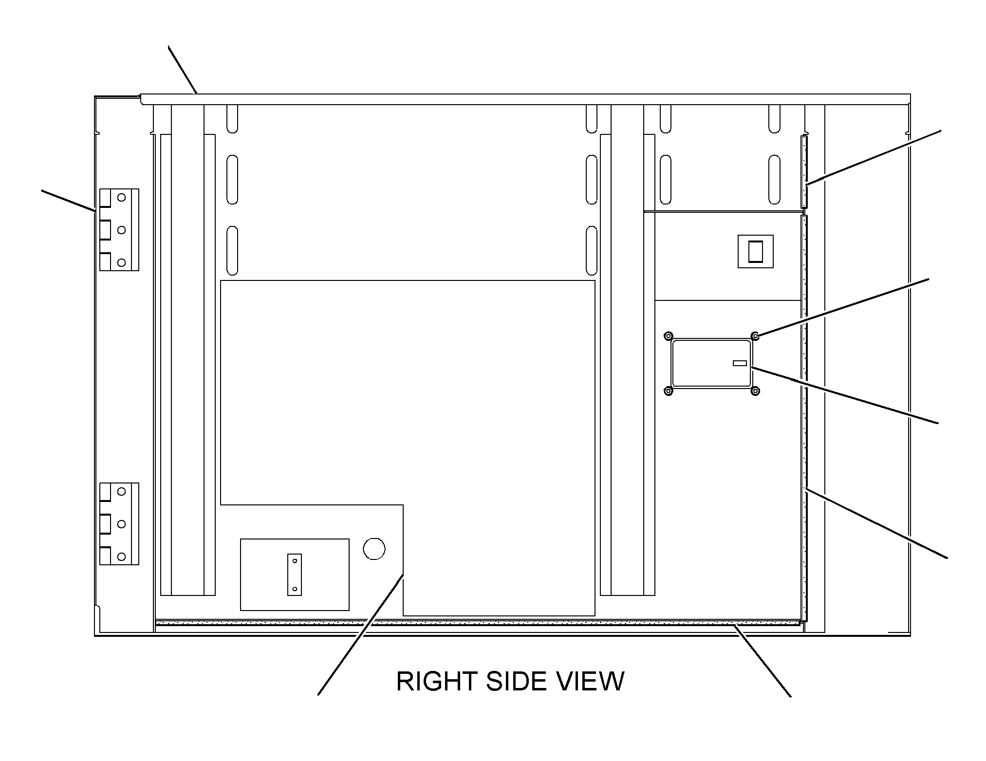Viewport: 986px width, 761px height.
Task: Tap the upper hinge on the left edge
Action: click(119, 230)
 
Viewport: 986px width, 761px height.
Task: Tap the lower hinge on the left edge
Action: click(119, 524)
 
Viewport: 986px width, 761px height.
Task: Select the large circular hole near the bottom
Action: click(374, 549)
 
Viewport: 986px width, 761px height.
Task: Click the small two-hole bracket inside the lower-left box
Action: click(295, 575)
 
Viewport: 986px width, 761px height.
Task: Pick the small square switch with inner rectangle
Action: click(756, 251)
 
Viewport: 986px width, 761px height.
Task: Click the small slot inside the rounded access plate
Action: click(740, 363)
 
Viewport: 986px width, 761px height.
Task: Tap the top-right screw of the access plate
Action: click(755, 335)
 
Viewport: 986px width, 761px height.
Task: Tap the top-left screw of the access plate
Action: click(669, 335)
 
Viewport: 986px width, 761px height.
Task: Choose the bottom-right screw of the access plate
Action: click(755, 390)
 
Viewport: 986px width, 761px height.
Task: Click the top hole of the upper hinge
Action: click(122, 198)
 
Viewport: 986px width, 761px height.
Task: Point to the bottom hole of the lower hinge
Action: click(122, 557)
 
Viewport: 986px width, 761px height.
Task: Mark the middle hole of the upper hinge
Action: click(122, 230)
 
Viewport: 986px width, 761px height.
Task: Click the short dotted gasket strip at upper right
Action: click(804, 171)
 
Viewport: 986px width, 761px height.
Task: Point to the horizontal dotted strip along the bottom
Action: click(478, 622)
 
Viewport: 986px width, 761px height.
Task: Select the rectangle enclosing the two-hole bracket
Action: click(295, 575)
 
